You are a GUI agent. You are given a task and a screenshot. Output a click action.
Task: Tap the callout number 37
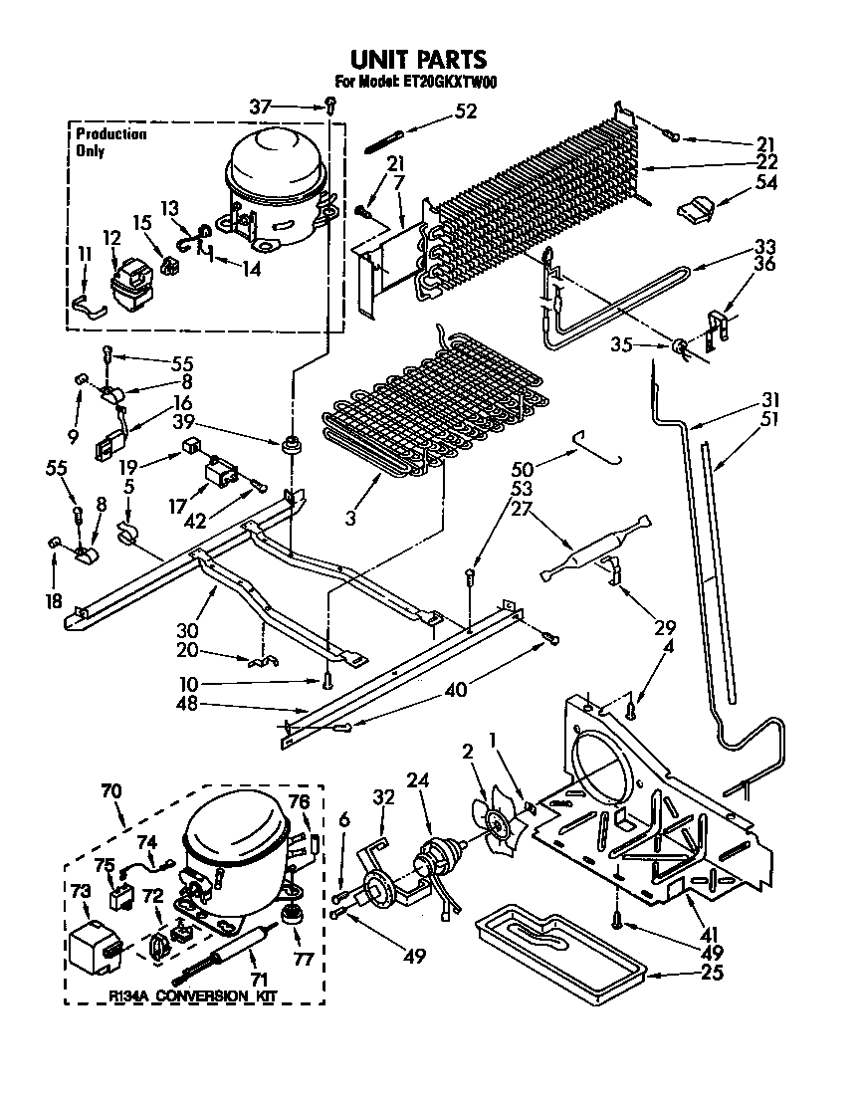259,106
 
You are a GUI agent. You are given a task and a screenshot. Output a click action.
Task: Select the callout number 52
464,111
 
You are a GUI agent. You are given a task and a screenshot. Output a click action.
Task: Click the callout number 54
766,183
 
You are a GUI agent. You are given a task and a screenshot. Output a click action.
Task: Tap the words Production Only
110,142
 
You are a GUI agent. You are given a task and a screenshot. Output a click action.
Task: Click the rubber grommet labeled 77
292,913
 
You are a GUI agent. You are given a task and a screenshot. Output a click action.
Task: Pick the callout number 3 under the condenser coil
349,519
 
